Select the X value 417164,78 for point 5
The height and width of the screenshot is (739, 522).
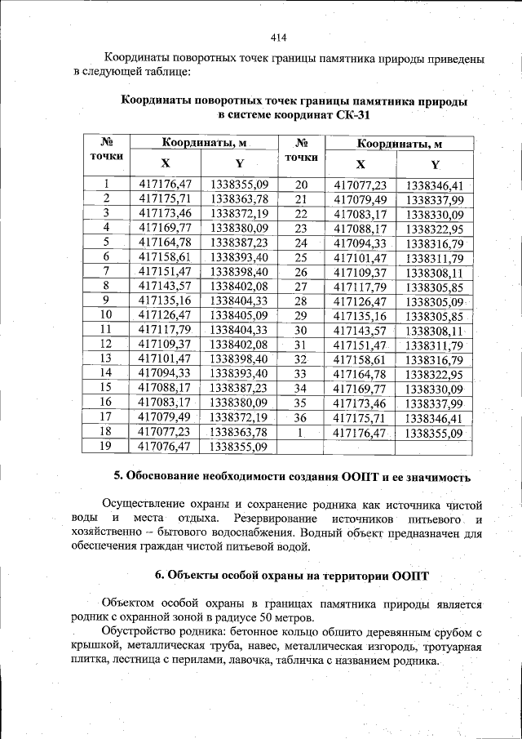(x=165, y=243)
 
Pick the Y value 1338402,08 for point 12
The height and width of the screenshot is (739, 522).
(x=238, y=344)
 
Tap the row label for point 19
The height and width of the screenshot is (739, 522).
(x=105, y=447)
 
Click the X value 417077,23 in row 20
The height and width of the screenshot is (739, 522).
(x=360, y=185)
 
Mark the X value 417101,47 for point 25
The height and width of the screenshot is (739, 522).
(x=360, y=258)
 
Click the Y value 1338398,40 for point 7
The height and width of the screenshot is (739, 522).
(x=238, y=271)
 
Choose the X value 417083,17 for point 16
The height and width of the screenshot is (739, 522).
(x=165, y=403)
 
